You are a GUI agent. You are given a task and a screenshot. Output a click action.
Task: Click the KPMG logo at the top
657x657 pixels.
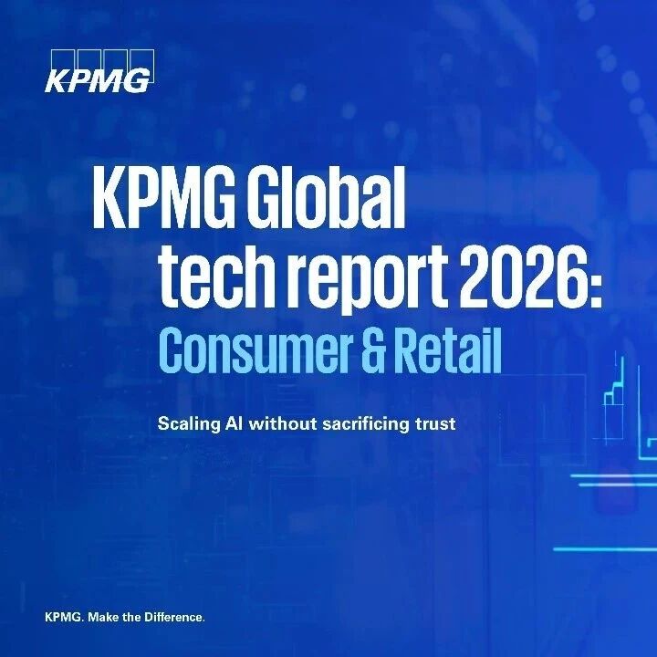(x=99, y=71)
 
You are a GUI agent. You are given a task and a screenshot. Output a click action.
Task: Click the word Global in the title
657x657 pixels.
(x=327, y=198)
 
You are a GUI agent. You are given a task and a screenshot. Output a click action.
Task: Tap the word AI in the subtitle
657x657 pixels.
(x=235, y=423)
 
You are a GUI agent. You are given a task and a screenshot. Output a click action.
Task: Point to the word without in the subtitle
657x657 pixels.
(x=283, y=423)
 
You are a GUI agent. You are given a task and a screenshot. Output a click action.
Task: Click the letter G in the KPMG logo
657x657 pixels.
(x=136, y=81)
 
